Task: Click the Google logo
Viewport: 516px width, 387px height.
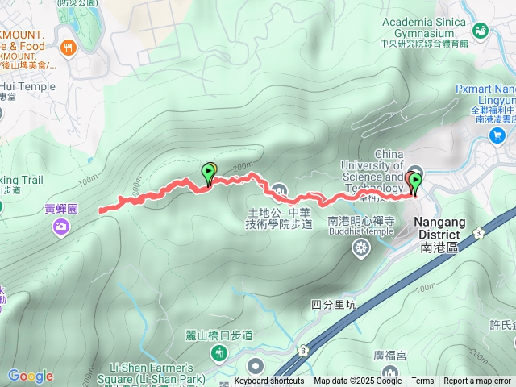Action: [x=30, y=376]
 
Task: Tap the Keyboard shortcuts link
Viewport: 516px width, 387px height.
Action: [x=269, y=381]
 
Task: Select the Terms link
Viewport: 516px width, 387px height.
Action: [x=422, y=381]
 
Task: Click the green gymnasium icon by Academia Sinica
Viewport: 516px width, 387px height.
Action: [x=481, y=31]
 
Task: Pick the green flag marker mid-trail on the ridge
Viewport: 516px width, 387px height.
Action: [x=208, y=173]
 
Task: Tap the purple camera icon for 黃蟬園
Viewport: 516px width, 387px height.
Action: [x=60, y=227]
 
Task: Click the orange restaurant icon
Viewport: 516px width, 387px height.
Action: [x=68, y=48]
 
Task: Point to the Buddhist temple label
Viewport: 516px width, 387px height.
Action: [x=361, y=231]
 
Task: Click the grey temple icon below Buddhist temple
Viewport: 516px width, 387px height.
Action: [x=360, y=246]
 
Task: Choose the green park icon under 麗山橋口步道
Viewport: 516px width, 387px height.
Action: [x=218, y=353]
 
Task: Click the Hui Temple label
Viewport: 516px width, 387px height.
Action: [x=28, y=87]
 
